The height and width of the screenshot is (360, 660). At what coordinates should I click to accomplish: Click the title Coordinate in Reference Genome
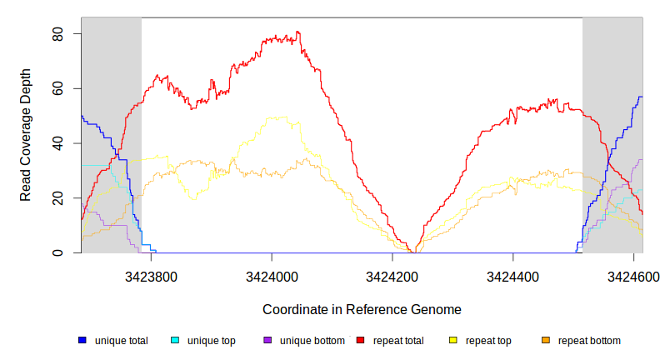click(362, 309)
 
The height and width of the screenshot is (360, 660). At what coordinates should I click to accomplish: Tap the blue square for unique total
click(82, 340)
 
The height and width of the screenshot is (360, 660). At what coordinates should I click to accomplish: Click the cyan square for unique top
click(175, 340)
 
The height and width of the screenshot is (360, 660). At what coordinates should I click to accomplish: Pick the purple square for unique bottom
click(267, 340)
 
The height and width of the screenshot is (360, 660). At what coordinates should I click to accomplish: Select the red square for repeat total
click(361, 340)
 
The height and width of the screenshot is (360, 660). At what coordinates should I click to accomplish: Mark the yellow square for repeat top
click(453, 340)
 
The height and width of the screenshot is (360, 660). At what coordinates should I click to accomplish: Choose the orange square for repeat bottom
click(546, 340)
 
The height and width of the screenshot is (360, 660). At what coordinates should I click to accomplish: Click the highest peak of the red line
click(297, 32)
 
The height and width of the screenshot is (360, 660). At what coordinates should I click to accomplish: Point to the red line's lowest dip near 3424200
click(412, 252)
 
